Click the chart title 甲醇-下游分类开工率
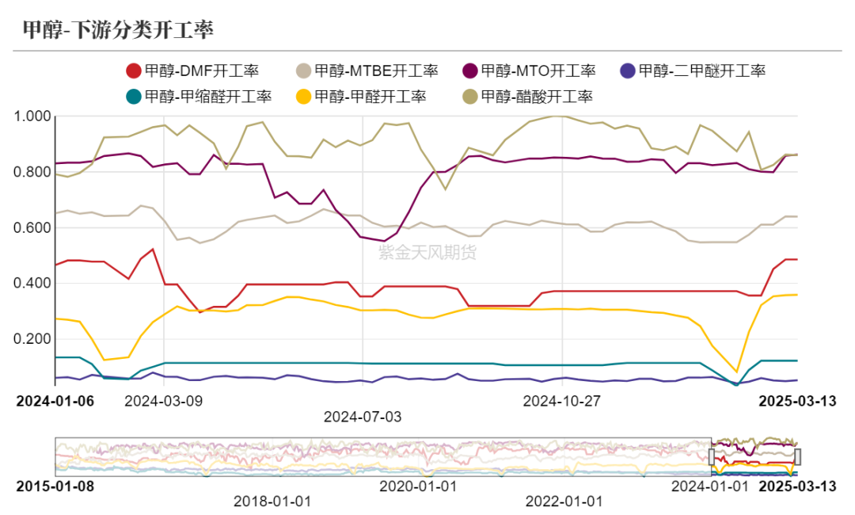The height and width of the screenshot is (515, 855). tap(117, 30)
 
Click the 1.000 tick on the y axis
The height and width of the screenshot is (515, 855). tap(32, 116)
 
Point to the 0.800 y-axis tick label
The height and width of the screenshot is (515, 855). tap(32, 172)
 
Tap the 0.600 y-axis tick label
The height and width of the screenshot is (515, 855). tap(32, 228)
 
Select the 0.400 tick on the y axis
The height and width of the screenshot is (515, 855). tap(32, 284)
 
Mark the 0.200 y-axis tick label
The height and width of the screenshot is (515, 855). tap(32, 339)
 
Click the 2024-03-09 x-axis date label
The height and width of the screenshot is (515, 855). tap(164, 401)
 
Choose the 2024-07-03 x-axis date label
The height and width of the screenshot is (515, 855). tap(363, 416)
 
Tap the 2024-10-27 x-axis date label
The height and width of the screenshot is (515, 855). tap(562, 401)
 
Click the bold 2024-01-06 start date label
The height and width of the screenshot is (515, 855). tap(55, 401)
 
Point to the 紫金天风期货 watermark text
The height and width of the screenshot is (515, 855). tap(427, 253)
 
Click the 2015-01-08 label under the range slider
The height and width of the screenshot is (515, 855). tap(55, 485)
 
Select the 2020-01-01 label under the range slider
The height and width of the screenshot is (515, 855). tap(417, 485)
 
